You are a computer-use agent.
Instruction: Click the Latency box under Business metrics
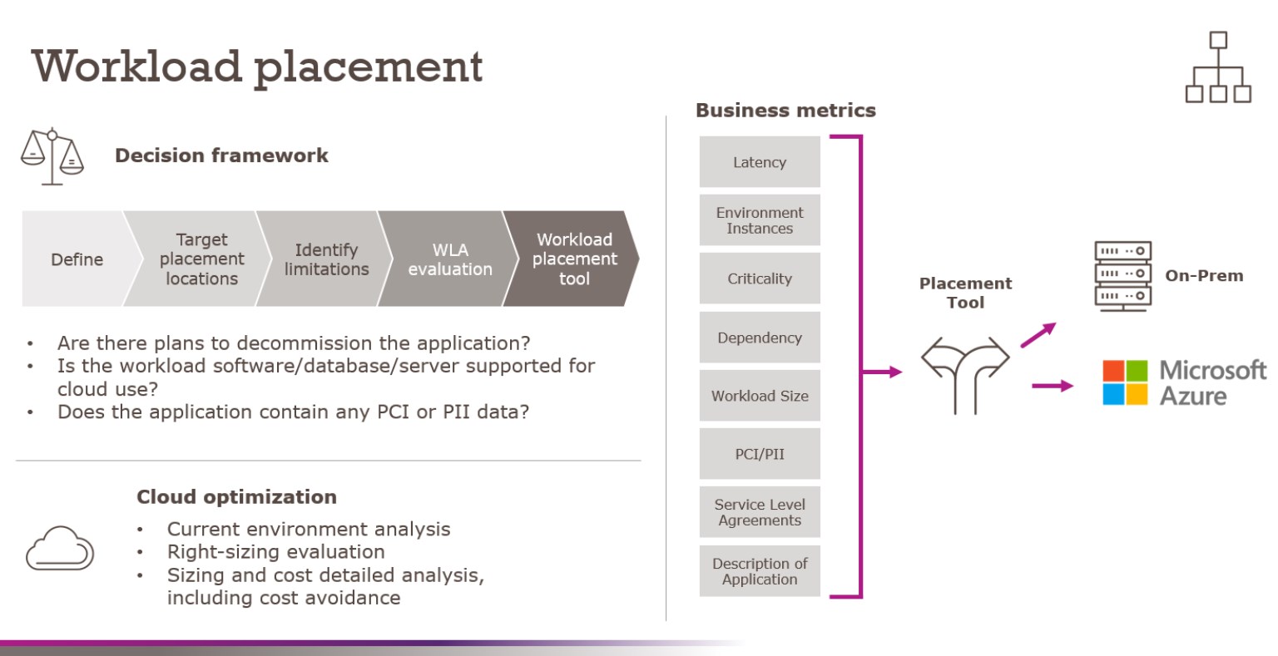click(x=760, y=162)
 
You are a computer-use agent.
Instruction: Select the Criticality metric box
click(x=760, y=279)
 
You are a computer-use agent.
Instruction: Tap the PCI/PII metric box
click(x=760, y=454)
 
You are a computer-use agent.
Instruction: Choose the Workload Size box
click(x=760, y=396)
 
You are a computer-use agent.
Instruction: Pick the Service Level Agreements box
click(x=760, y=512)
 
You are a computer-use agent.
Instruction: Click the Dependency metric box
click(x=760, y=338)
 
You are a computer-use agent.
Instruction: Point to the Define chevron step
click(x=77, y=259)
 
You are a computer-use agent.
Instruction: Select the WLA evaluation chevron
click(x=449, y=259)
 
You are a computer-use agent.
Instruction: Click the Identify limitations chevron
click(x=326, y=259)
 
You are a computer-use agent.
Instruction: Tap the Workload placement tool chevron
click(x=573, y=259)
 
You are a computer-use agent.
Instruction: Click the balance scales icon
click(x=52, y=156)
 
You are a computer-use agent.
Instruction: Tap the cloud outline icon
click(x=59, y=549)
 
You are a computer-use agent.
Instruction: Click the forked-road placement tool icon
click(x=965, y=373)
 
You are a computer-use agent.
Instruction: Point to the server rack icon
click(x=1122, y=274)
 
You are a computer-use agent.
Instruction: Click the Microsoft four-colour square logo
click(x=1125, y=382)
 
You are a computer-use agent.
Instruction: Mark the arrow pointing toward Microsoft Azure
click(x=1053, y=385)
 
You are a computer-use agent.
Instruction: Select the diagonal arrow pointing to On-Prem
click(x=1038, y=334)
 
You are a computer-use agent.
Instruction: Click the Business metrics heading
click(x=785, y=111)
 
